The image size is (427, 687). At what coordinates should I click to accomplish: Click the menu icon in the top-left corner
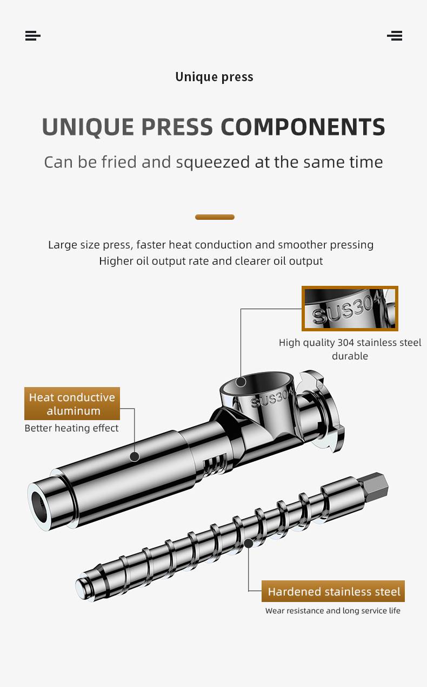pos(33,36)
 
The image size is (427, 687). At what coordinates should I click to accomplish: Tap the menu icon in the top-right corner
pos(395,36)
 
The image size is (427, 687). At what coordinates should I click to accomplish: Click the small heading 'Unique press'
pos(214,77)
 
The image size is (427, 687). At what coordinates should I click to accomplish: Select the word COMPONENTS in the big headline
pos(303,127)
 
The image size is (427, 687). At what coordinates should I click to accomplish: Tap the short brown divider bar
pos(215,217)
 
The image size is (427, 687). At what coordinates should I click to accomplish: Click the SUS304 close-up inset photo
pos(350,309)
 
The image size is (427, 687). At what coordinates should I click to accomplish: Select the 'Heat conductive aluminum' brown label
pos(72,404)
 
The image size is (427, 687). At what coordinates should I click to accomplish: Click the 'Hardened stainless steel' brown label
pos(333,591)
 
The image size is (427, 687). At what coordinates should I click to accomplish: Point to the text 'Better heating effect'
pos(71,428)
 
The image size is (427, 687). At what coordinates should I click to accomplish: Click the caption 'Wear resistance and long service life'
pos(332,611)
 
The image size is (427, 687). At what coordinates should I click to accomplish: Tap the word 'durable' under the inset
pos(350,356)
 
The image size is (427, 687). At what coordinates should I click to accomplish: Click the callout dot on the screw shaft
pos(249,543)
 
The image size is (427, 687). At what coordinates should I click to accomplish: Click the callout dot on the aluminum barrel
pos(135,457)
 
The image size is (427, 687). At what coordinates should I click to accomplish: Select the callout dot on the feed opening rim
pos(241,382)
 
